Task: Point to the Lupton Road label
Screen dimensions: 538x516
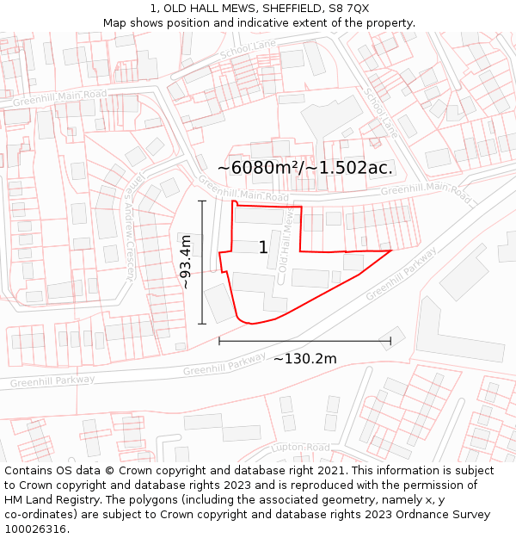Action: point(300,448)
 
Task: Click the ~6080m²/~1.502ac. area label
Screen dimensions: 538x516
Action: point(305,168)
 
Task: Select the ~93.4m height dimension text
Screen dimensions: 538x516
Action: point(186,263)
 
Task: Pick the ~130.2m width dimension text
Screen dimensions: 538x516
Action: point(304,358)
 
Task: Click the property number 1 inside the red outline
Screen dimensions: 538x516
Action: point(263,248)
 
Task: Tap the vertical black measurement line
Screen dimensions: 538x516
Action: point(202,263)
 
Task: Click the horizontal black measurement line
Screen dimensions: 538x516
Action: point(304,341)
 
